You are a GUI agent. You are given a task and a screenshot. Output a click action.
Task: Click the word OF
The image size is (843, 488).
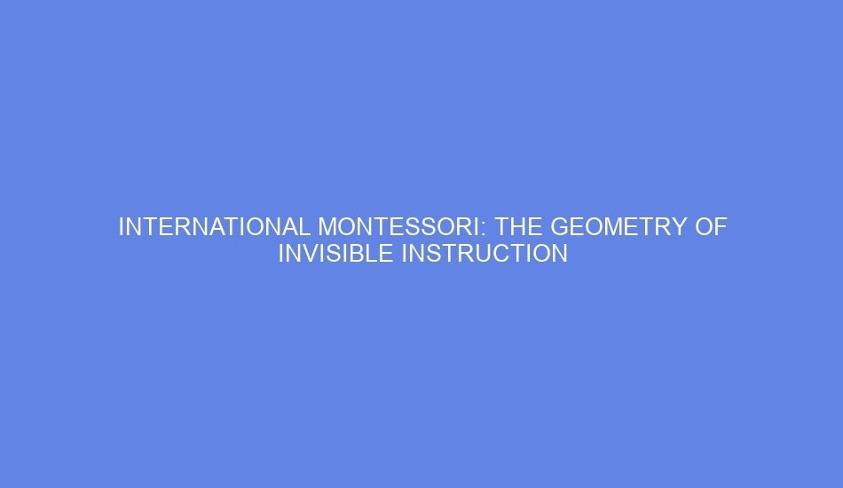pos(711,227)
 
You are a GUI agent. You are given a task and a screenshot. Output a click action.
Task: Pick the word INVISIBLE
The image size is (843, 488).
pos(336,254)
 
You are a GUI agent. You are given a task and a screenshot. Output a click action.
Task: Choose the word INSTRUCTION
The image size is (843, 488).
pos(485,254)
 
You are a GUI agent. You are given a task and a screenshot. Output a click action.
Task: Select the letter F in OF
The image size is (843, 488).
pos(721,227)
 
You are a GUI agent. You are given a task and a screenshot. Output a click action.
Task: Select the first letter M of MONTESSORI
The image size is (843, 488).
pos(327,227)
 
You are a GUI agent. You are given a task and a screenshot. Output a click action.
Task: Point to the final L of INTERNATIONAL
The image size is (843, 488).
pos(305,227)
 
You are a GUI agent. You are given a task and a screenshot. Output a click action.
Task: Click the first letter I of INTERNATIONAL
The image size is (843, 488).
pos(122,227)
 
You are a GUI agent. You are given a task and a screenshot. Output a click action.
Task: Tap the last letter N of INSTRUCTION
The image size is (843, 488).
pos(559,254)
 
